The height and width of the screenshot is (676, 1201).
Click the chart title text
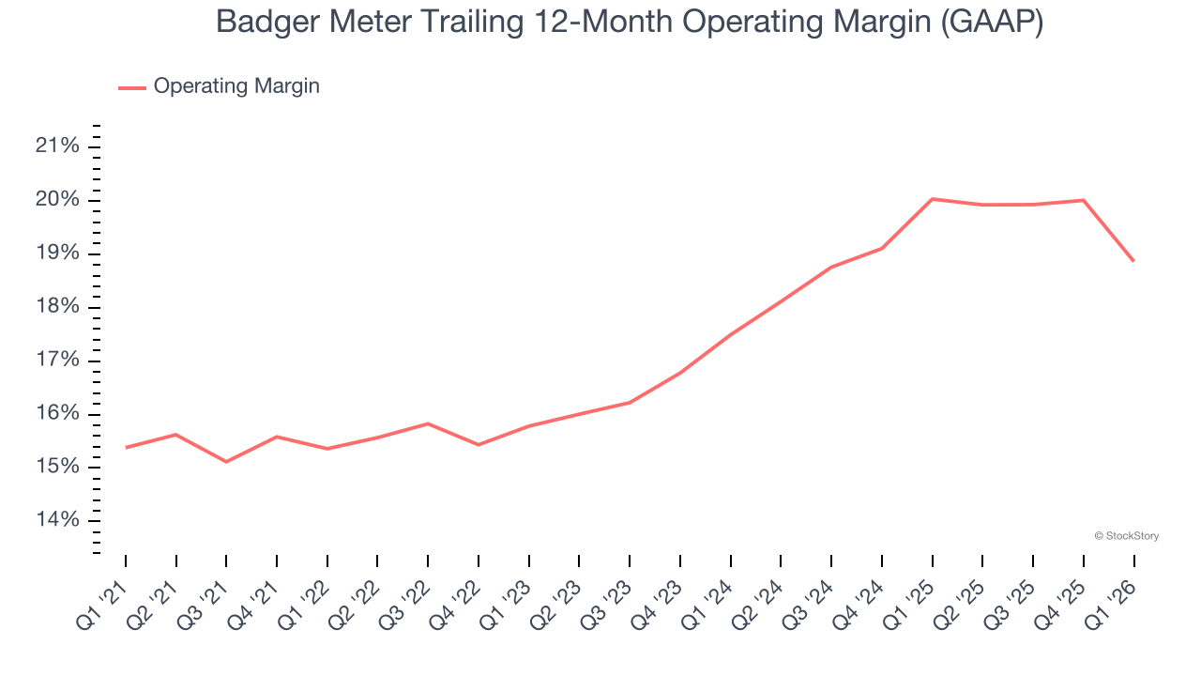[630, 22]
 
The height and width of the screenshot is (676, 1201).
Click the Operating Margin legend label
[236, 86]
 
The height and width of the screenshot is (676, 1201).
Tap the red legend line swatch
[132, 87]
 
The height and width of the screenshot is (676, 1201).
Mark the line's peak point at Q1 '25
[933, 199]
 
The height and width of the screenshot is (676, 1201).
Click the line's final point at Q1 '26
[1133, 260]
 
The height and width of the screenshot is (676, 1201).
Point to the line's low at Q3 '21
[226, 462]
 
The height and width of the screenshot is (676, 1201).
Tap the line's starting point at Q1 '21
[126, 447]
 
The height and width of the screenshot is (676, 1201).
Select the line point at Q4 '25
[1084, 200]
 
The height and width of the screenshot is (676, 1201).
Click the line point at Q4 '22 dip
[479, 444]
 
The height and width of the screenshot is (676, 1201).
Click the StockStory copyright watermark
[1126, 536]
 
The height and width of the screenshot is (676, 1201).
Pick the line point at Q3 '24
[831, 267]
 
